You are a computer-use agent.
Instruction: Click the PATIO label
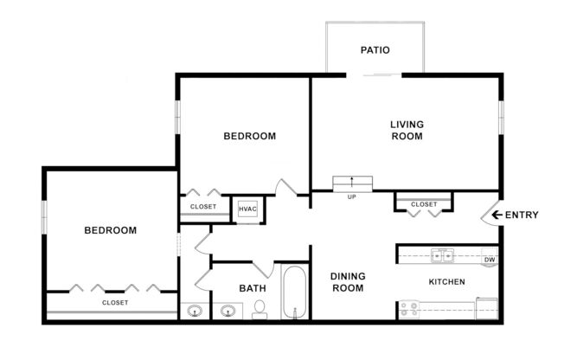pos(375,50)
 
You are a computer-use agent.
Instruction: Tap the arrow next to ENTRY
pos(497,215)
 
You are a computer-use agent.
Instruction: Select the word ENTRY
pos(522,215)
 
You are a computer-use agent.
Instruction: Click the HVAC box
pos(247,209)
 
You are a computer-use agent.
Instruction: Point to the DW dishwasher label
pos(489,259)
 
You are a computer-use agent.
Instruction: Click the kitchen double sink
pos(443,256)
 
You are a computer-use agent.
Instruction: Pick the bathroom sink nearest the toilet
pos(228,310)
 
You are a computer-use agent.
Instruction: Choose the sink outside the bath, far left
pos(194,310)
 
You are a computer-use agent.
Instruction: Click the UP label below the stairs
pos(352,197)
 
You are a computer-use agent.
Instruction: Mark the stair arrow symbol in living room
pos(352,183)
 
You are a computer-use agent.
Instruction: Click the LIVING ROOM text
pos(407,131)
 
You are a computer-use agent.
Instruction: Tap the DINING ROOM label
pos(349,282)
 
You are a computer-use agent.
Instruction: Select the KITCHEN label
pos(447,282)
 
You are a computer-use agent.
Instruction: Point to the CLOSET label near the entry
pos(424,204)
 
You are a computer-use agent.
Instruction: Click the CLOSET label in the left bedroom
pos(115,303)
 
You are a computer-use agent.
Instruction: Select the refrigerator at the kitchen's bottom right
pos(488,307)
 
